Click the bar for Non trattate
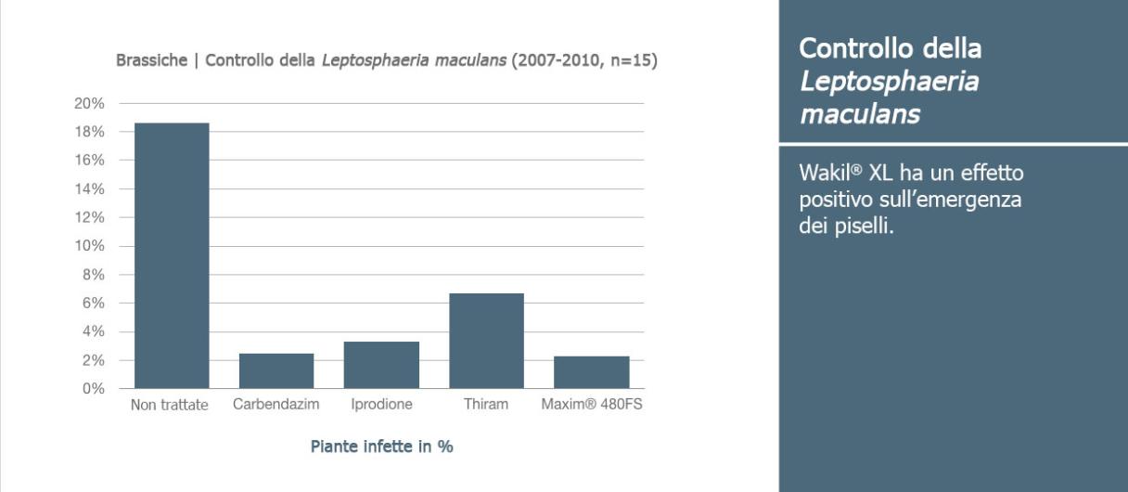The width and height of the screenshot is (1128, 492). click(x=172, y=255)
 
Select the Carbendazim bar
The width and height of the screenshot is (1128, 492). click(x=276, y=371)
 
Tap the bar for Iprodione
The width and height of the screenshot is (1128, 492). click(x=381, y=365)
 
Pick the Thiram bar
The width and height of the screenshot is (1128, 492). click(x=486, y=341)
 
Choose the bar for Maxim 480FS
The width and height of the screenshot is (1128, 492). click(x=592, y=372)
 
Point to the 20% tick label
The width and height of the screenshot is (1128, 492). click(x=89, y=103)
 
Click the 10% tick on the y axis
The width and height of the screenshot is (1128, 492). click(x=89, y=246)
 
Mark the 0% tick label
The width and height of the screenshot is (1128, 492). click(x=94, y=389)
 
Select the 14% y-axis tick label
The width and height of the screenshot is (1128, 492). click(x=89, y=189)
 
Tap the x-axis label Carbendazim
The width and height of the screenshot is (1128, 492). click(x=276, y=405)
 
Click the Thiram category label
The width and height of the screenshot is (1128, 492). click(x=486, y=405)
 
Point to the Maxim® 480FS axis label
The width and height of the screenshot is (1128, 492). click(x=592, y=405)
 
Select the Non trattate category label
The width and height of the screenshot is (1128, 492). click(x=169, y=405)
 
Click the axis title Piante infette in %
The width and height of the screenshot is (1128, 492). click(x=381, y=447)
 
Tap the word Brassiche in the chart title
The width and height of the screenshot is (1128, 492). click(x=151, y=60)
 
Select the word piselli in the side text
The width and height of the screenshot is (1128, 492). click(x=865, y=227)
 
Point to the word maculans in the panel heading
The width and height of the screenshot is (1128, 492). click(x=860, y=114)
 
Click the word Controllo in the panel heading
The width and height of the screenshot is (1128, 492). click(x=856, y=48)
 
